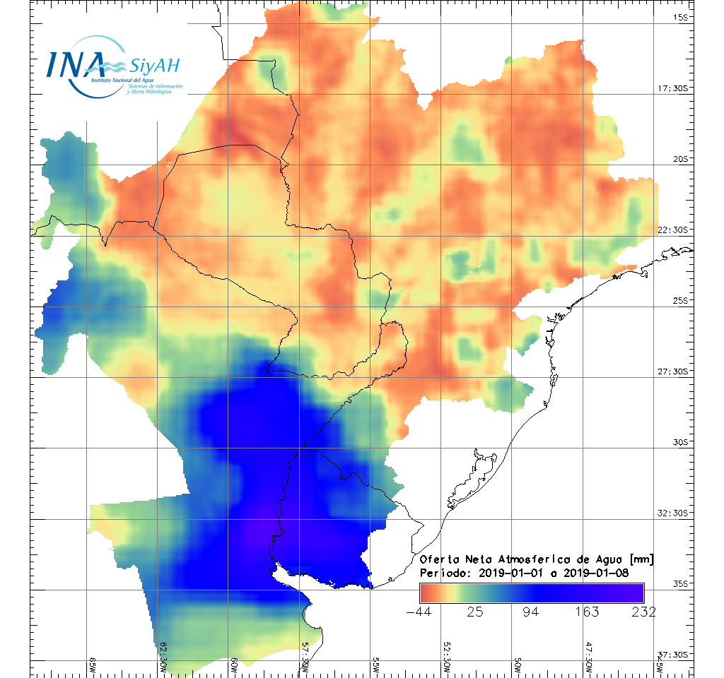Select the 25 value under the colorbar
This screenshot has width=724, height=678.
(474, 612)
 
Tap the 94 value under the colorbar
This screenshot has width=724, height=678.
(531, 612)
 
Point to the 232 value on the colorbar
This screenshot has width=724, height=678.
(642, 612)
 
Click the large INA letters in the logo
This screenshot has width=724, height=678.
(76, 64)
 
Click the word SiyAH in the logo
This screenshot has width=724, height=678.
(155, 66)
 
